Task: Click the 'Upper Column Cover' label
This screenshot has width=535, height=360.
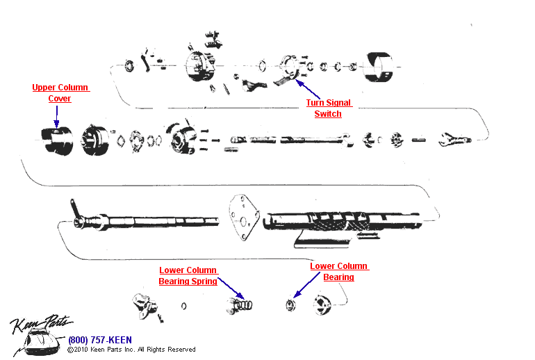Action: pyautogui.click(x=60, y=93)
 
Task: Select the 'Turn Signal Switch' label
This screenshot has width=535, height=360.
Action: pyautogui.click(x=328, y=108)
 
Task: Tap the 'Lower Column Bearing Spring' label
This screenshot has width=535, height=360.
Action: pyautogui.click(x=188, y=276)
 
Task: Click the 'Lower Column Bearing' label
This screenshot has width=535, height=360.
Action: pyautogui.click(x=339, y=272)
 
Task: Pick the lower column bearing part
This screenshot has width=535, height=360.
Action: pyautogui.click(x=293, y=304)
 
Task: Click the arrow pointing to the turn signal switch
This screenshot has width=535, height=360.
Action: pyautogui.click(x=308, y=90)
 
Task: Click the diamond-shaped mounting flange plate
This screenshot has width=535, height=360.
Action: pyautogui.click(x=242, y=217)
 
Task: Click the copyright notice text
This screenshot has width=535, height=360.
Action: pyautogui.click(x=131, y=350)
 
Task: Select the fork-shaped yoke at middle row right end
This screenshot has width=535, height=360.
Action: pyautogui.click(x=452, y=140)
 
